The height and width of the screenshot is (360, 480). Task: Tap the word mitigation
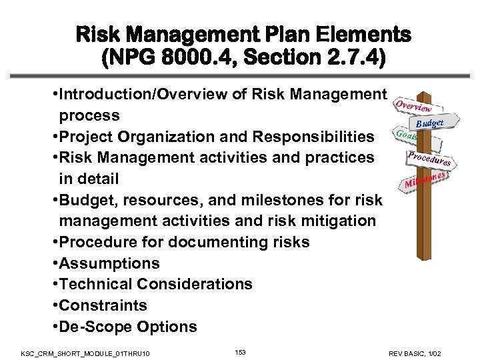tap(327, 221)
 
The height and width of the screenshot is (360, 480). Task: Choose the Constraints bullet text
tap(103, 305)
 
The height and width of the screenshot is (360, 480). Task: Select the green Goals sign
tap(405, 134)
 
